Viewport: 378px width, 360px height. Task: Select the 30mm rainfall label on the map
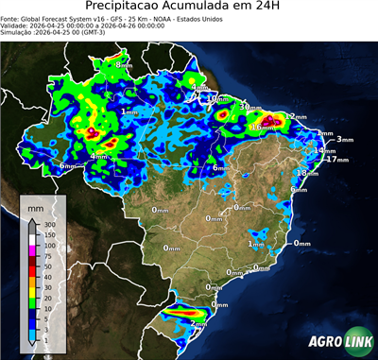pyautogui.click(x=250, y=107)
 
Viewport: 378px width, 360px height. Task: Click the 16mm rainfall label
pyautogui.click(x=264, y=126)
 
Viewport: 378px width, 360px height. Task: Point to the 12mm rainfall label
pyautogui.click(x=298, y=116)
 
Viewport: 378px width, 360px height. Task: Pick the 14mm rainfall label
pyautogui.click(x=326, y=150)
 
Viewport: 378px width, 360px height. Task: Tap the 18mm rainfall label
pyautogui.click(x=307, y=173)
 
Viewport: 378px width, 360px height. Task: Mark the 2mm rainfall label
pyautogui.click(x=200, y=323)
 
